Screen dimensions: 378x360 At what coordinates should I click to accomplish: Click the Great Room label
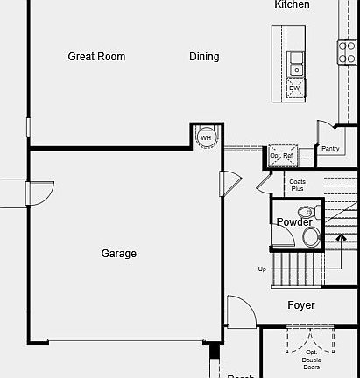[96, 57]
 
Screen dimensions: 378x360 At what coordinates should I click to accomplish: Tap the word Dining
[204, 57]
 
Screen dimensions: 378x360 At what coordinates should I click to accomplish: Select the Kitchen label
[292, 5]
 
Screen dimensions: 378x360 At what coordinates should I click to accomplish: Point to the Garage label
[118, 254]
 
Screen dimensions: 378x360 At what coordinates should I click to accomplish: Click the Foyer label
[301, 305]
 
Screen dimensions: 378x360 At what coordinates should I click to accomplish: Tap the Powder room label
[294, 222]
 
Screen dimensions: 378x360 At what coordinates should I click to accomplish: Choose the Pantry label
[330, 149]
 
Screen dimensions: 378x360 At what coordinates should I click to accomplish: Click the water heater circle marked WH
[206, 137]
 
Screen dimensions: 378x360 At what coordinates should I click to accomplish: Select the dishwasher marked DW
[295, 87]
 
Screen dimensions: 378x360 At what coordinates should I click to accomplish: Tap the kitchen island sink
[296, 63]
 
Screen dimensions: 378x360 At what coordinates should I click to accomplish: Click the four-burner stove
[347, 52]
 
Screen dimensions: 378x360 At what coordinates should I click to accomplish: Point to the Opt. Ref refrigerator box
[281, 155]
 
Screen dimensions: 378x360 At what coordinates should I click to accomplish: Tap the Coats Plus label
[298, 185]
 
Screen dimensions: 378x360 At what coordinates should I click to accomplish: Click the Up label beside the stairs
[261, 269]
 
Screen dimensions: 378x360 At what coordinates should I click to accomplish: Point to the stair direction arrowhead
[342, 235]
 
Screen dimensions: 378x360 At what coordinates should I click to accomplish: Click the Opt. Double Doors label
[312, 359]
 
